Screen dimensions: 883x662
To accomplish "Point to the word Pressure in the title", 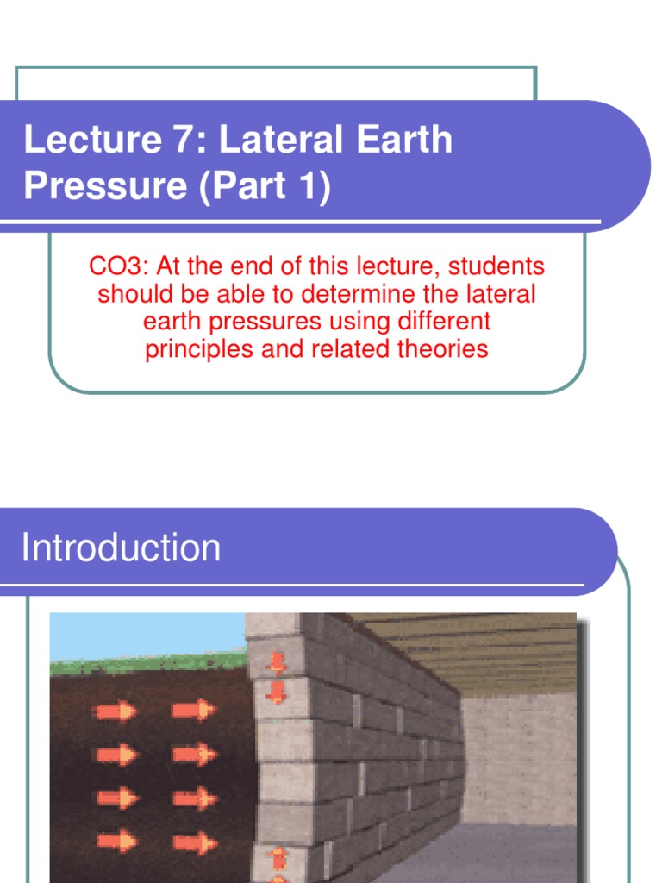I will [104, 185].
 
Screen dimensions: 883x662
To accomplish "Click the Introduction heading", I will [121, 548].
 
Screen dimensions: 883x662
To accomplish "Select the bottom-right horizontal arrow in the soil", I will [194, 841].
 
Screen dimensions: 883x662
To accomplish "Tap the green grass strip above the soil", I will [147, 665].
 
